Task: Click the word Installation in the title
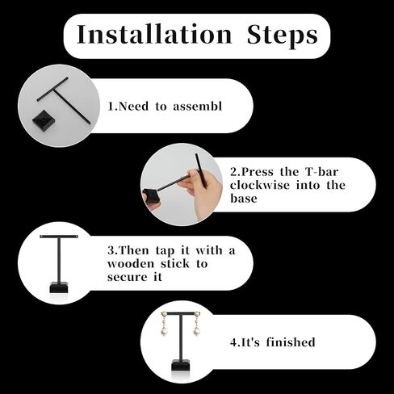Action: (154, 34)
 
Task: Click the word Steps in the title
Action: (283, 36)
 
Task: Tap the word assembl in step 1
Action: (198, 106)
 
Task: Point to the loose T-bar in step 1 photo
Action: (64, 100)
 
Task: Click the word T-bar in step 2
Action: (322, 172)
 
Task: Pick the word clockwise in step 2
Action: (260, 185)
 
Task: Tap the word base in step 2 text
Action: (244, 199)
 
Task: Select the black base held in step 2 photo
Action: (152, 196)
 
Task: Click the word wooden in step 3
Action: (131, 264)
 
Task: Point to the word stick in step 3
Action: (175, 264)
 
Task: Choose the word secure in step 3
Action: (128, 277)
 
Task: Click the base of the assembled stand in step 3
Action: (59, 287)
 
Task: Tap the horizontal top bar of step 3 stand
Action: (59, 237)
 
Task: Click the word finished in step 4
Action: (291, 342)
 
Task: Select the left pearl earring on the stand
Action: (164, 325)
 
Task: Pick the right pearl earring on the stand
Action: (197, 325)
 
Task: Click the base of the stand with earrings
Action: (181, 365)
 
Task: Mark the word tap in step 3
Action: (165, 251)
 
